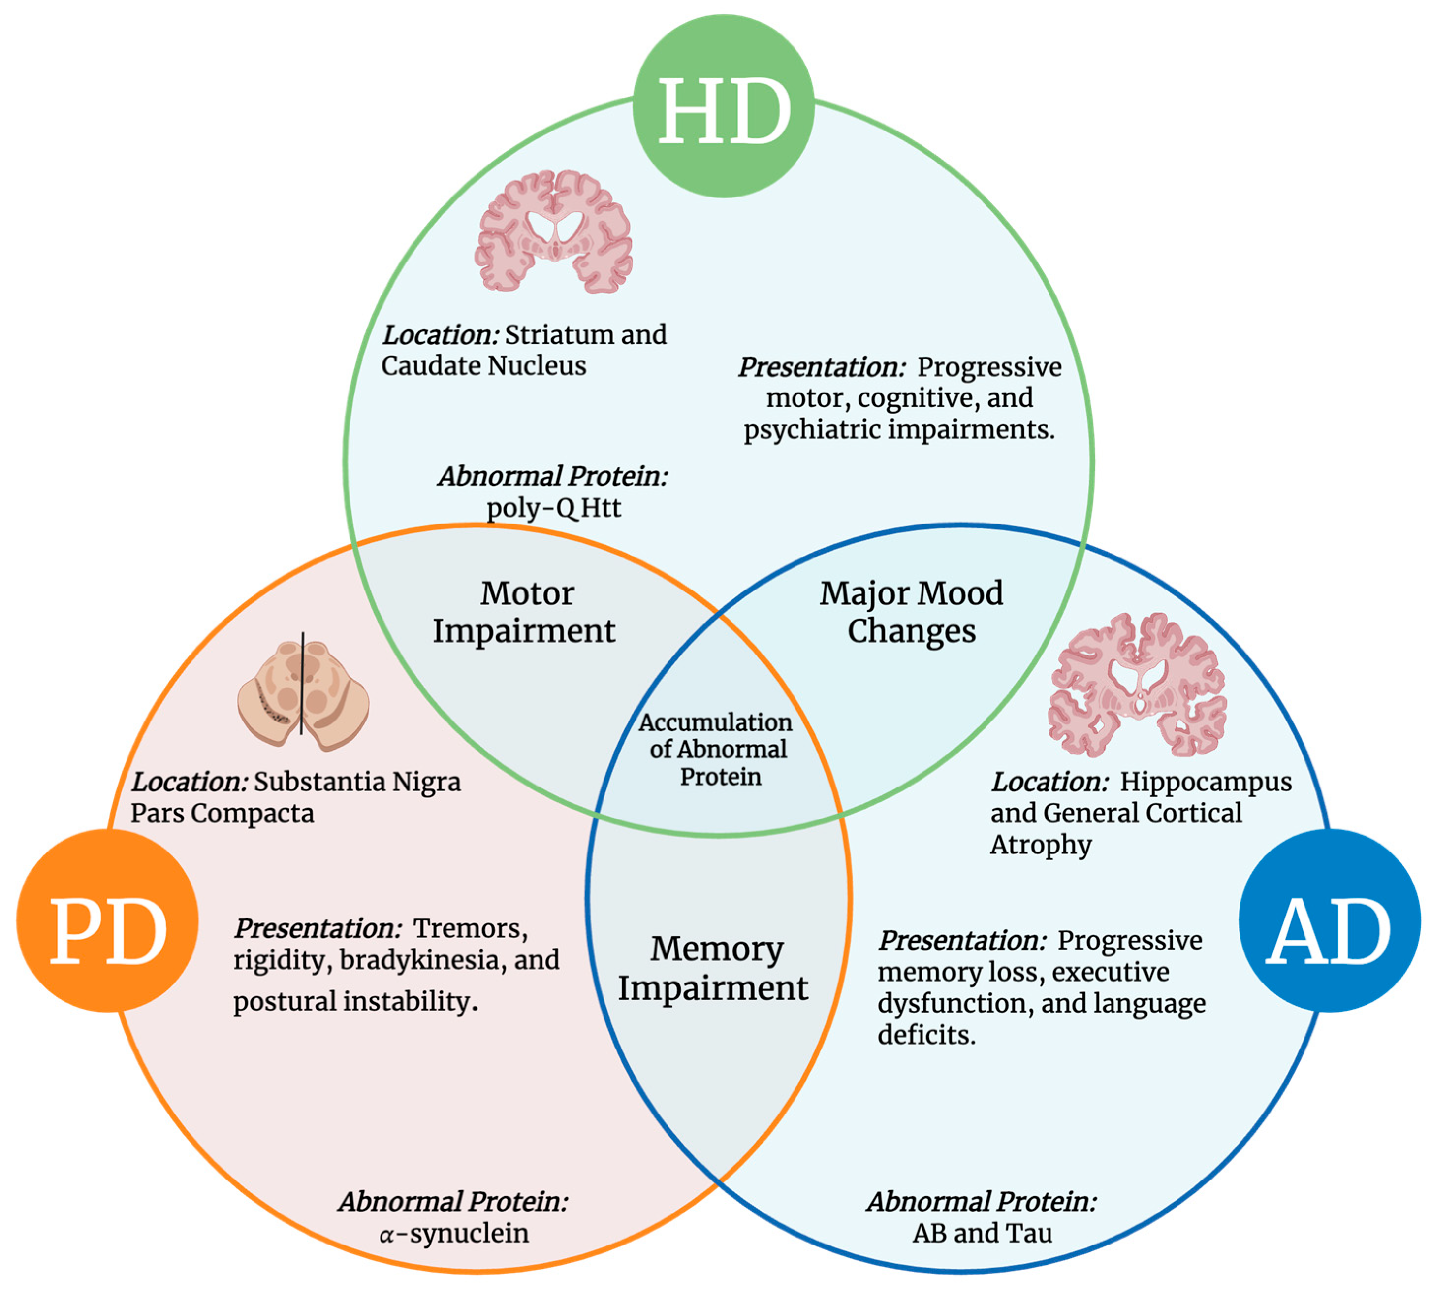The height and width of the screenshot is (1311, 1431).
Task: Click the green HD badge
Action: click(x=723, y=106)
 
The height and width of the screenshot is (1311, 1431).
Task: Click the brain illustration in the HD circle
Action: click(x=554, y=231)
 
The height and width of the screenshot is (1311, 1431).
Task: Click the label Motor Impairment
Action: click(x=525, y=612)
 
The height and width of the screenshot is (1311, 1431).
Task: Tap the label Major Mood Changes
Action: click(x=911, y=612)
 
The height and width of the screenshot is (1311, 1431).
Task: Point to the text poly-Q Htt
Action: click(x=554, y=508)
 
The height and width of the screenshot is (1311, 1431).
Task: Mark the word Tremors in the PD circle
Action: click(x=470, y=928)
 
